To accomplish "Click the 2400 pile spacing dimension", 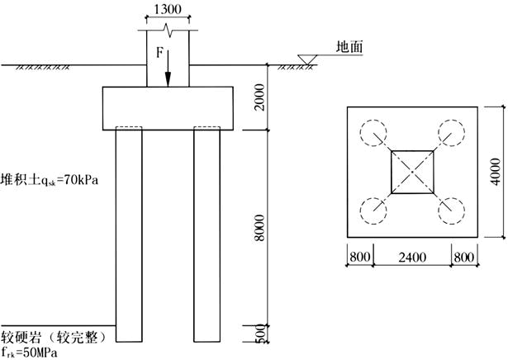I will click(x=413, y=258).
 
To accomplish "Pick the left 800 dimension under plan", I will click(x=360, y=258).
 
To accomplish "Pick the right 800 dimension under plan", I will click(x=464, y=258).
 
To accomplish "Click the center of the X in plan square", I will click(x=412, y=171).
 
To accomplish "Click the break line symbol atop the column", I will click(x=169, y=30).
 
